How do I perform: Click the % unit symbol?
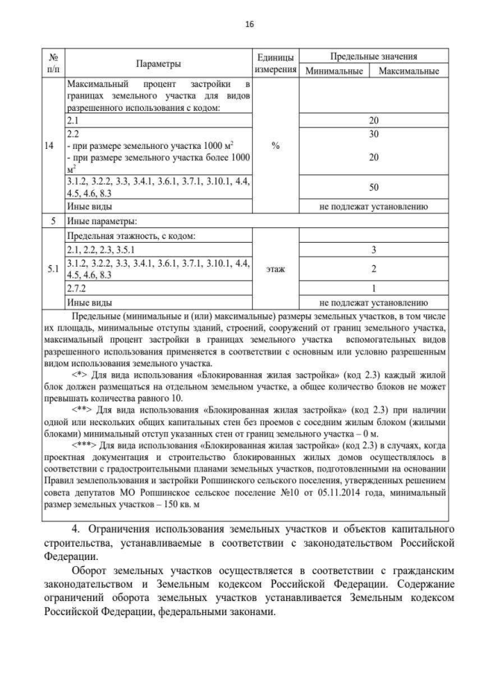coord(276,146)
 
